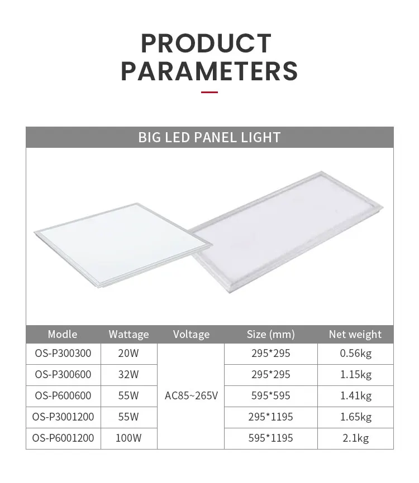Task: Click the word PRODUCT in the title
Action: pyautogui.click(x=206, y=44)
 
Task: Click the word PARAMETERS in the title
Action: pyautogui.click(x=209, y=71)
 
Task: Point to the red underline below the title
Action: pyautogui.click(x=209, y=92)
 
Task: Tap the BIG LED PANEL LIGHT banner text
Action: pyautogui.click(x=209, y=137)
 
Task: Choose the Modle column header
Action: pyautogui.click(x=63, y=334)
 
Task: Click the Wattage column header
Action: pyautogui.click(x=128, y=335)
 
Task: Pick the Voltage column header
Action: pyautogui.click(x=191, y=335)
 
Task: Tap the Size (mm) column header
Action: pyautogui.click(x=270, y=335)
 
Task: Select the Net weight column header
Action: pyautogui.click(x=355, y=335)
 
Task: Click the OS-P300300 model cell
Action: pyautogui.click(x=63, y=353)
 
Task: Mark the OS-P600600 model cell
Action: pyautogui.click(x=63, y=396)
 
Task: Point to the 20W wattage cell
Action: pyautogui.click(x=128, y=353)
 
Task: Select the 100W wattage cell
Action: pyautogui.click(x=128, y=438)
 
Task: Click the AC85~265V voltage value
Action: pyautogui.click(x=191, y=396)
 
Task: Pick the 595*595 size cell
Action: pyautogui.click(x=270, y=396)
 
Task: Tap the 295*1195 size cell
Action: pyautogui.click(x=270, y=417)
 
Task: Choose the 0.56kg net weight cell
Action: pyautogui.click(x=355, y=353)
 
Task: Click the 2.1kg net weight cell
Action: pyautogui.click(x=355, y=438)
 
